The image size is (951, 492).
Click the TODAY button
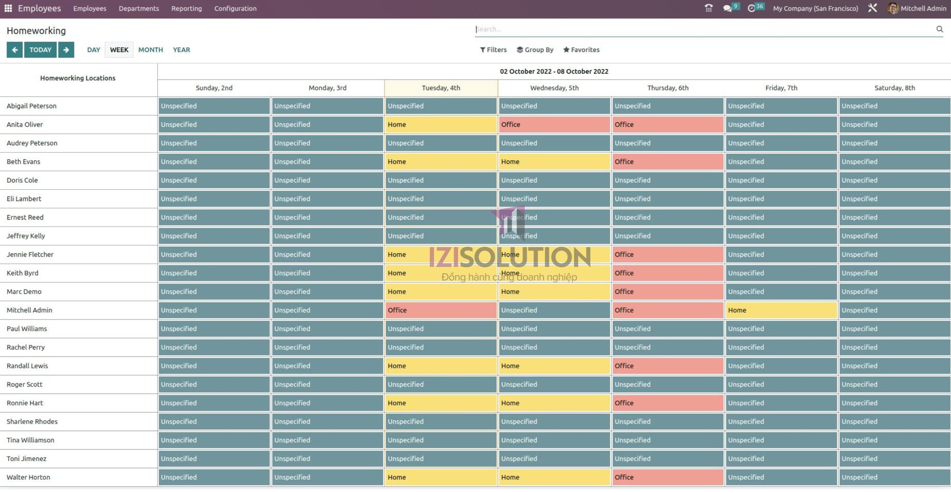[40, 50]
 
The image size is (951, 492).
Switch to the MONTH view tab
[150, 50]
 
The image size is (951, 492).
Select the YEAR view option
[181, 50]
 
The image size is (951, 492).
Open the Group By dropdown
[535, 50]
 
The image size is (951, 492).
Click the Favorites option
[581, 50]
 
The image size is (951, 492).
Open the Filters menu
[493, 50]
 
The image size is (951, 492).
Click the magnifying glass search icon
[939, 29]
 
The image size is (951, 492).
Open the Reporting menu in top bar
[186, 9]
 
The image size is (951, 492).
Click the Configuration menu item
[235, 9]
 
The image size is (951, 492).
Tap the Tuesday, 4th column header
[441, 88]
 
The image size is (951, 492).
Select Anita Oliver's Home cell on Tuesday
[441, 124]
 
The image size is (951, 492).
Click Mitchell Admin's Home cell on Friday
[781, 310]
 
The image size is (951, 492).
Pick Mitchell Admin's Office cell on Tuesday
[441, 310]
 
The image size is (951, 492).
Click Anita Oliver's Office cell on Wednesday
[554, 124]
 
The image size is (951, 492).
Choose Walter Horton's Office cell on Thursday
[668, 477]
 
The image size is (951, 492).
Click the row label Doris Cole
[22, 180]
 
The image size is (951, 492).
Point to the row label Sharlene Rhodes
[32, 421]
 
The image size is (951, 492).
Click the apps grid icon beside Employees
[8, 8]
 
